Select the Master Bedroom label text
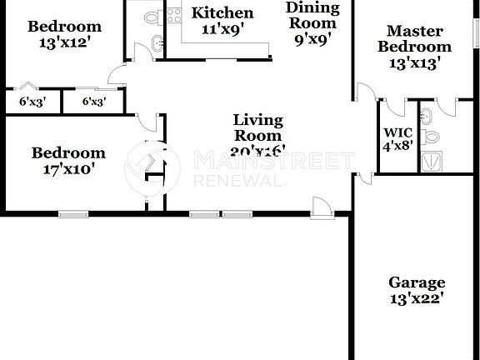tap(414, 47)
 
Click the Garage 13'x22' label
tap(417, 290)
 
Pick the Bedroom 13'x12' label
tap(64, 34)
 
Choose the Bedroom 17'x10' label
tap(68, 160)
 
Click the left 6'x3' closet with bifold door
tap(32, 102)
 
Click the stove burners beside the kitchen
tap(174, 14)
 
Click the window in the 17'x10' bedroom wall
tap(73, 214)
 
